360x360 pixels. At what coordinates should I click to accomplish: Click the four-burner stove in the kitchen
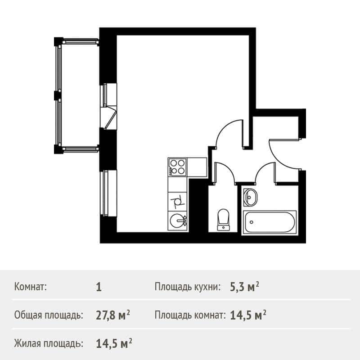pyautogui.click(x=177, y=167)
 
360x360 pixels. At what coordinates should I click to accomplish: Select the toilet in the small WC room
pyautogui.click(x=223, y=219)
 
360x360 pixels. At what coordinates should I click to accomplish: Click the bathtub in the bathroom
pyautogui.click(x=269, y=222)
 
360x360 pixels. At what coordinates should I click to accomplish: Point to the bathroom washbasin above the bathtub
pyautogui.click(x=250, y=197)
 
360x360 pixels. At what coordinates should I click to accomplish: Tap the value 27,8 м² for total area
pyautogui.click(x=113, y=315)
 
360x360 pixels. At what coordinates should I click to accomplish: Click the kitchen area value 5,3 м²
pyautogui.click(x=244, y=287)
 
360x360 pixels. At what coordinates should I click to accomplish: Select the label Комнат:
pyautogui.click(x=31, y=287)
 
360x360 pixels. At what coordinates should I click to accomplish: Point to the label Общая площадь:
pyautogui.click(x=49, y=315)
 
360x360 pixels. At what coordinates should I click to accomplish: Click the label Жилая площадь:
pyautogui.click(x=49, y=344)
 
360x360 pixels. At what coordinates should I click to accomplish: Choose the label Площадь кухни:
pyautogui.click(x=188, y=287)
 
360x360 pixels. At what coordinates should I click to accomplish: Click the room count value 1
pyautogui.click(x=99, y=287)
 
